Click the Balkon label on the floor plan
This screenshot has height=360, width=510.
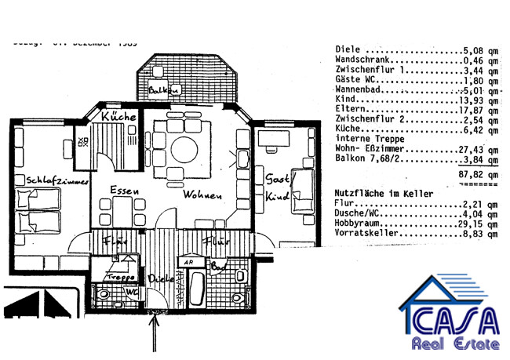point(164,91)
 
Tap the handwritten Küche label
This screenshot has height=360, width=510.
point(120,117)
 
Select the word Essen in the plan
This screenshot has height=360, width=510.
point(125,191)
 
